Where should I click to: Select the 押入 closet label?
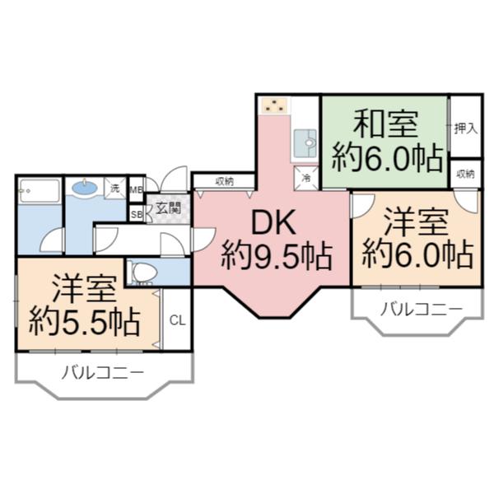[465, 128]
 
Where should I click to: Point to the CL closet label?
[176, 319]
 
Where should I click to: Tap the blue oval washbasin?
[84, 189]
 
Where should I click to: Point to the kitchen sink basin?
[305, 143]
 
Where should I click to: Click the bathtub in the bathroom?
[39, 192]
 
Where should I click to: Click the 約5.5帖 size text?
[83, 320]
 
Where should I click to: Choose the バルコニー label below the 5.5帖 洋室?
[104, 373]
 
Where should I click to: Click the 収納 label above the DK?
[224, 180]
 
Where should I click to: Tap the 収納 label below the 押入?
[465, 175]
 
